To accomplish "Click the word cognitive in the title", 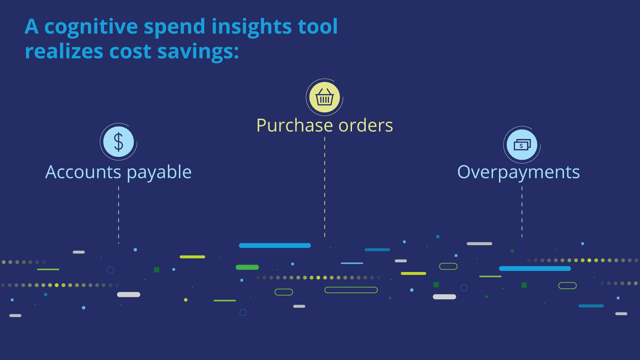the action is (91, 27).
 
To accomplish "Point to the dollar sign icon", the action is (119, 142).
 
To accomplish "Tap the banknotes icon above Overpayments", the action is (522, 145).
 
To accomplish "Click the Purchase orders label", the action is (325, 125).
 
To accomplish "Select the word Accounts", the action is (83, 172).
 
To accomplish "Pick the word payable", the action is (159, 173).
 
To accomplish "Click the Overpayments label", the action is (519, 173).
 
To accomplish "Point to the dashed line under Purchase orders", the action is (325, 187).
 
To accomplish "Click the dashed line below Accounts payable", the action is (119, 215).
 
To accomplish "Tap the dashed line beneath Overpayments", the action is (522, 212).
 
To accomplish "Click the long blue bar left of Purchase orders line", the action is (275, 246).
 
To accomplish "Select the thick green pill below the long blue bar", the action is (247, 267).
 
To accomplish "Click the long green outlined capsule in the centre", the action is (351, 290).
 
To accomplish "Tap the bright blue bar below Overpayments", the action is (535, 269).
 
